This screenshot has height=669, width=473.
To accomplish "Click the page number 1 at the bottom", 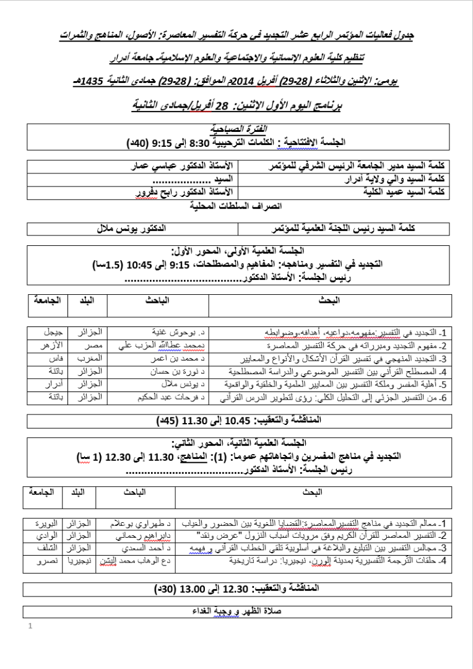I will [x=30, y=627].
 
